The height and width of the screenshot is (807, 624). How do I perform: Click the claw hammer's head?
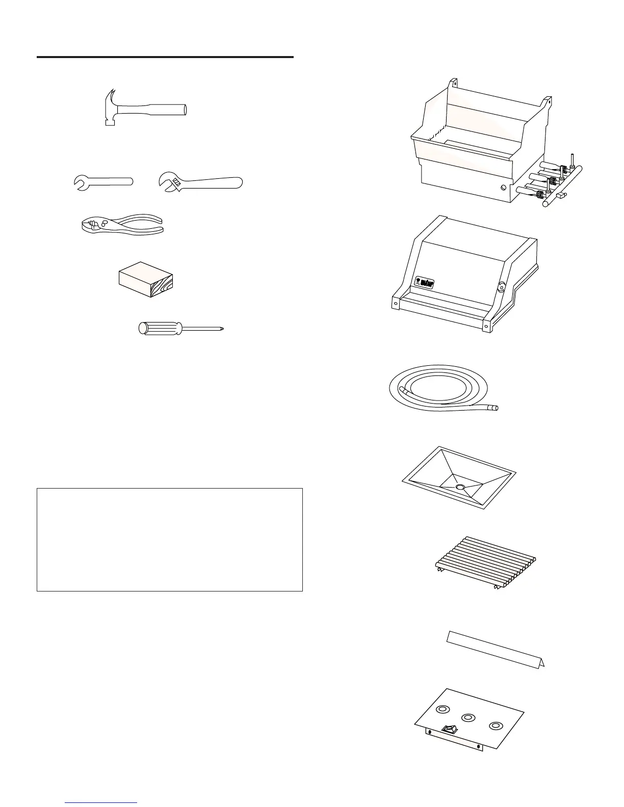point(110,108)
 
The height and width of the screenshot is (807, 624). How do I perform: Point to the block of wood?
point(146,280)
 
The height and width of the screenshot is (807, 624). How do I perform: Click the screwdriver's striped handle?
point(160,328)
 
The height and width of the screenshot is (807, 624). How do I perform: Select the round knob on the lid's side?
point(501,287)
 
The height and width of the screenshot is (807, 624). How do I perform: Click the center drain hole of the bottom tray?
point(460,488)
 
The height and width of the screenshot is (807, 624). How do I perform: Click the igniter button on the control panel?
point(449,730)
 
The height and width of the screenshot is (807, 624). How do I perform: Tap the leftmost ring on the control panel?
point(444,709)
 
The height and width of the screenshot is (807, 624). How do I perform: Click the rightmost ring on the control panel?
point(495,725)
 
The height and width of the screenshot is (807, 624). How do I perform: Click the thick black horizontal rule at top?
point(165,57)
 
